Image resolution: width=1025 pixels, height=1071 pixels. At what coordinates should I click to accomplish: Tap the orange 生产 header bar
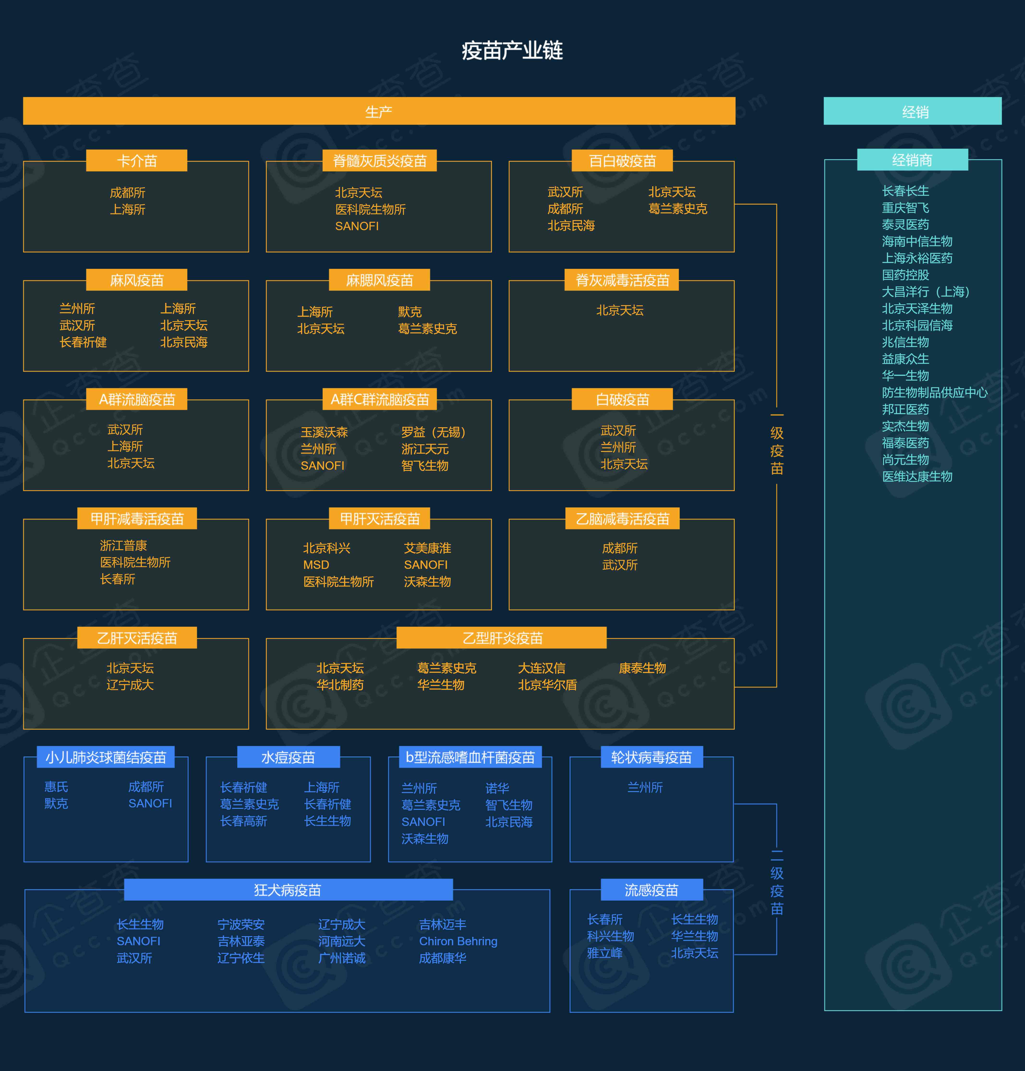coord(379,111)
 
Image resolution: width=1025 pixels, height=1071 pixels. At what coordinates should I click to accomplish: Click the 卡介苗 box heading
coord(137,161)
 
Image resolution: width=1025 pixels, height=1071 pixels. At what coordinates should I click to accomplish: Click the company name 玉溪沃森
coord(324,432)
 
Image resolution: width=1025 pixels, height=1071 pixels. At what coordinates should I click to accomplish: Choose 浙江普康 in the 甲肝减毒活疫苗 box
coord(123,545)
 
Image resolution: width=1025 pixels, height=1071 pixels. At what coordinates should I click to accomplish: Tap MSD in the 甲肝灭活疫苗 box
coord(316,565)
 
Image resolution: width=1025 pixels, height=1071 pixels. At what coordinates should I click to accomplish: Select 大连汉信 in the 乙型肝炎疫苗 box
coord(542,668)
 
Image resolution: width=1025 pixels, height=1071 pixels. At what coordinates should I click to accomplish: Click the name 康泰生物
coord(642,668)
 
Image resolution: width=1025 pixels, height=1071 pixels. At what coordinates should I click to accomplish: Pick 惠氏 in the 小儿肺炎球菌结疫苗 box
coord(56,786)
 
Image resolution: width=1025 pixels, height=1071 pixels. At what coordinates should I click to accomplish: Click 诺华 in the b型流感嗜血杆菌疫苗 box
coord(497,788)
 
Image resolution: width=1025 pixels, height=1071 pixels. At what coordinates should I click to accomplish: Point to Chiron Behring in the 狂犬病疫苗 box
coord(458,941)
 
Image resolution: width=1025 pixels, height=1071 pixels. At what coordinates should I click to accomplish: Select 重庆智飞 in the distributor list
coord(905,208)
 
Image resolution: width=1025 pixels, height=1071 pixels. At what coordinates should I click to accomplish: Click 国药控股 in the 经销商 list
coord(905,275)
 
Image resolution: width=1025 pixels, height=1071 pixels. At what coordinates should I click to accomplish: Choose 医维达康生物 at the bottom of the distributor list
coord(917,476)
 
